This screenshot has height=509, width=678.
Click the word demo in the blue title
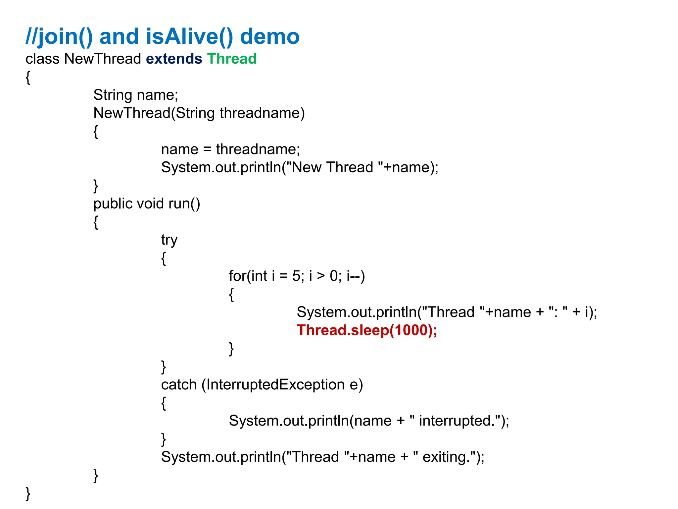click(269, 36)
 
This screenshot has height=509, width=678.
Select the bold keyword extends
click(174, 59)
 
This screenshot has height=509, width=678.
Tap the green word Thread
click(232, 59)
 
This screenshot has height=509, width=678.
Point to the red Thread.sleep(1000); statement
click(367, 330)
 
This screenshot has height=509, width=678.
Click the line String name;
click(136, 95)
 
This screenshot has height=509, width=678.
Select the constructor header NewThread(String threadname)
click(199, 113)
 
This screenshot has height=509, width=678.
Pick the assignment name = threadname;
click(230, 149)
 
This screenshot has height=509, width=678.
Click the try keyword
click(169, 240)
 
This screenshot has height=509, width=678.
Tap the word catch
click(179, 385)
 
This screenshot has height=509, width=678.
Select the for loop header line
click(297, 276)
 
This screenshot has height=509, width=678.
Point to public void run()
click(147, 204)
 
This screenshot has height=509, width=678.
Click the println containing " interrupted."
click(369, 421)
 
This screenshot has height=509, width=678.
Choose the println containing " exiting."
click(322, 457)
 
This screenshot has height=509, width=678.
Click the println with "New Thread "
click(300, 167)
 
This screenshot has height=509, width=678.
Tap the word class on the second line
click(42, 59)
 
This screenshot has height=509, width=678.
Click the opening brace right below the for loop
click(231, 295)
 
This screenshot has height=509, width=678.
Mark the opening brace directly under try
click(164, 258)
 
